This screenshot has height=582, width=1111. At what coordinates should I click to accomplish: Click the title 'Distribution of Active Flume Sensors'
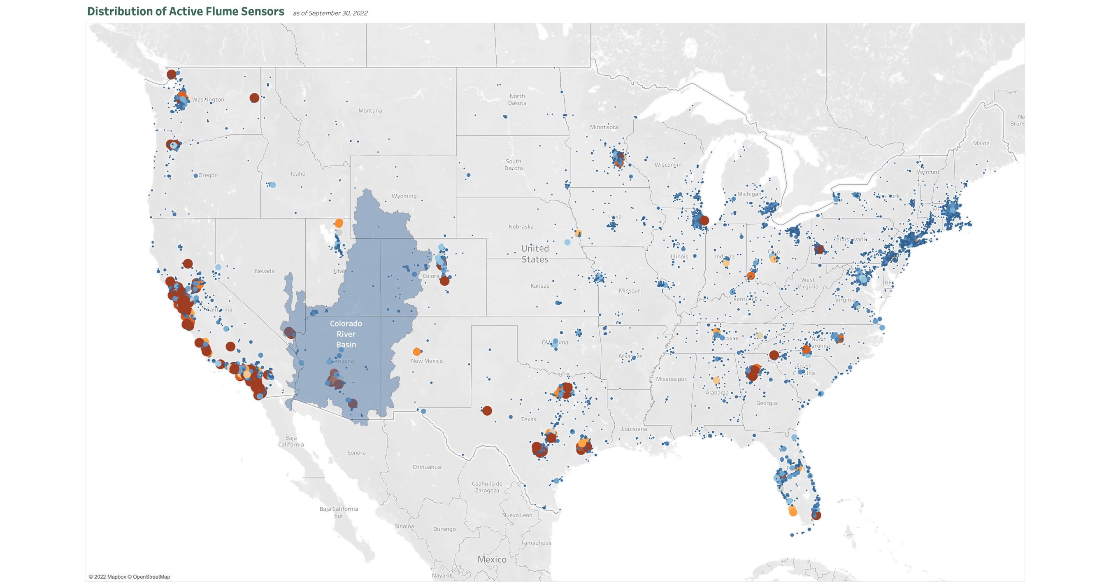(x=186, y=12)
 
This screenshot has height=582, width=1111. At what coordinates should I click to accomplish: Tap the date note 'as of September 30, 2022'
(x=330, y=13)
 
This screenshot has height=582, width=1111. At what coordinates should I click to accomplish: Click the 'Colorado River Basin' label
(x=346, y=334)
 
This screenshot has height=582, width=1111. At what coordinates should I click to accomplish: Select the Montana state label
(x=370, y=111)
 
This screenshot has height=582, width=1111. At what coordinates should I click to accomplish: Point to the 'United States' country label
(x=535, y=254)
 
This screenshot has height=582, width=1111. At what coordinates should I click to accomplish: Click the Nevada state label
(x=265, y=271)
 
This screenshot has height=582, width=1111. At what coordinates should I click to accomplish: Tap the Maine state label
(x=981, y=144)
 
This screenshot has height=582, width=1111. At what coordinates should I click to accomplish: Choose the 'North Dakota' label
(x=517, y=100)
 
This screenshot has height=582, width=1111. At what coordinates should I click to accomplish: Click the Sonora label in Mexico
(x=356, y=453)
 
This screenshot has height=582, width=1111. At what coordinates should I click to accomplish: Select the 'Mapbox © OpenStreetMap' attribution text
(x=129, y=577)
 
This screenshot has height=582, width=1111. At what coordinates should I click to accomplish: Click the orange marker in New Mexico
(x=416, y=352)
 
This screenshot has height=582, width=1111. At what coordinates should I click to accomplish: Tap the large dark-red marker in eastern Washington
(x=254, y=98)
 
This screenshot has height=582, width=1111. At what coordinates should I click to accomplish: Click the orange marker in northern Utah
(x=339, y=223)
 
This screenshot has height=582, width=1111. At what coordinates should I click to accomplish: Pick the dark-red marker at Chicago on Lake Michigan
(x=704, y=221)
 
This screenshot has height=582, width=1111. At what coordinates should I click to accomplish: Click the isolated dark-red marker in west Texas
(x=487, y=411)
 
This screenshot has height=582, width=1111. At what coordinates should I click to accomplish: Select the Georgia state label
(x=767, y=403)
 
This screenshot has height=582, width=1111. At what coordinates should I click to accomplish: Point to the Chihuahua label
(x=427, y=467)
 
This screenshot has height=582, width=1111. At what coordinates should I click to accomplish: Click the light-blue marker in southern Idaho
(x=272, y=185)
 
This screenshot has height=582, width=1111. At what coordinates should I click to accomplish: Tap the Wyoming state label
(x=404, y=196)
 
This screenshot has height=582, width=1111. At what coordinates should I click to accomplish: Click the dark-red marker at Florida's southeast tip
(x=816, y=515)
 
